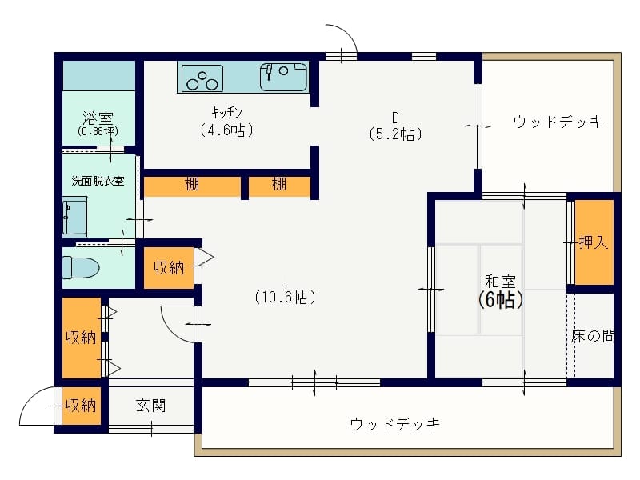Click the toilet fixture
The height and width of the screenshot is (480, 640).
[x=81, y=267]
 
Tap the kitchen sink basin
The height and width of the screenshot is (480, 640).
[x=283, y=77]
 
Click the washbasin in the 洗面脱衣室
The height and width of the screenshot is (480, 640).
[x=74, y=218]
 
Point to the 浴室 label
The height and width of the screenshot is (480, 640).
[x=98, y=118]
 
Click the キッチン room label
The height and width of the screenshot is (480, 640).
[x=226, y=112]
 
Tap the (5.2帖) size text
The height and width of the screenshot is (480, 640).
[x=395, y=134]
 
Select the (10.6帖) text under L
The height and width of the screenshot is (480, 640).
[x=285, y=297]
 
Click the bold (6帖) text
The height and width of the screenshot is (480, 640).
[x=500, y=301]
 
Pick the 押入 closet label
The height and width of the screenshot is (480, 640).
[x=594, y=243]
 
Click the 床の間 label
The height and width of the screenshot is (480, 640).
[x=593, y=336]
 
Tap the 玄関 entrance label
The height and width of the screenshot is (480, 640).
[x=150, y=406]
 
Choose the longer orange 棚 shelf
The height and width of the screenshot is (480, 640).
[x=192, y=186]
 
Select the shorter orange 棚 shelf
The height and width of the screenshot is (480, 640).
[x=279, y=186]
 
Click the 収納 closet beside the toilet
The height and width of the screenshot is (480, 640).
[x=169, y=267]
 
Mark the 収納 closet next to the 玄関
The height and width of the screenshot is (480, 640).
[x=82, y=406]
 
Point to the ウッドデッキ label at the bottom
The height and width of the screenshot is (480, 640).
[x=395, y=424]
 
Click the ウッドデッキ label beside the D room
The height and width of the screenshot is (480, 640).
[x=558, y=122]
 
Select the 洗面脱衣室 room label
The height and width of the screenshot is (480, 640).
[x=98, y=181]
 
